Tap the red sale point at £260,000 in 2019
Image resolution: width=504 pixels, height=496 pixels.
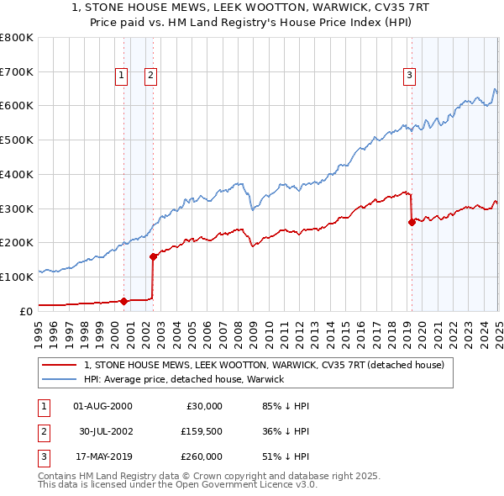(x=412, y=222)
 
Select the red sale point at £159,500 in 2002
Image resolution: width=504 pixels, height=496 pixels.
(x=154, y=256)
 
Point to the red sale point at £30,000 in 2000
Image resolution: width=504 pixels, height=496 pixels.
(x=123, y=300)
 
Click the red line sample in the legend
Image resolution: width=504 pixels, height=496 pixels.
(x=60, y=366)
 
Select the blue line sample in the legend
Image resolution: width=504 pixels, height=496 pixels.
(x=60, y=379)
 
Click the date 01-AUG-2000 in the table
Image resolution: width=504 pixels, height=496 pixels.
(x=103, y=406)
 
